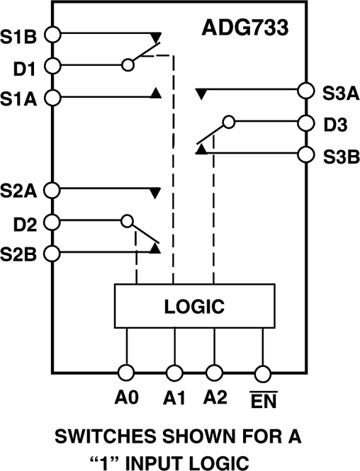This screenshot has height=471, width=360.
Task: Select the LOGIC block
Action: coord(194,307)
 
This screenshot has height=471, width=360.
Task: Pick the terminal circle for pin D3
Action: coord(306,122)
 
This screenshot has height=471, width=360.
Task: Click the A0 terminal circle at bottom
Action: coord(126,372)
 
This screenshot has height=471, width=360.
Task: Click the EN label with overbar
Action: coord(263,401)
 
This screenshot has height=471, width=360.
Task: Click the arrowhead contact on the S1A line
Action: coord(157,93)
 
